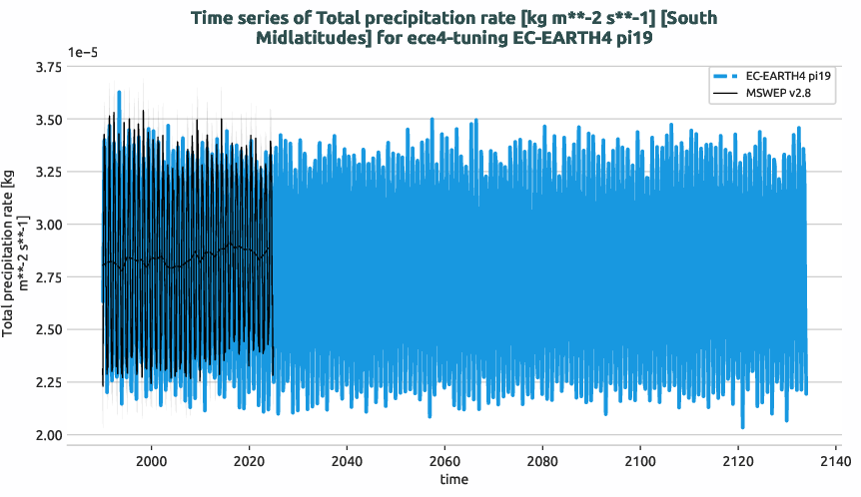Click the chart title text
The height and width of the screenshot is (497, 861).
click(452, 28)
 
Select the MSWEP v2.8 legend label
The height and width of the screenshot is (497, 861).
click(777, 94)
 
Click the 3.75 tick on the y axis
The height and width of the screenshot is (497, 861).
click(47, 67)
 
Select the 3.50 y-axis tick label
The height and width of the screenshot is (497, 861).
click(47, 120)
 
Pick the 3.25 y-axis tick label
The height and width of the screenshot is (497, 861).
click(47, 172)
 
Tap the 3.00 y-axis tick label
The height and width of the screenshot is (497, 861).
click(47, 225)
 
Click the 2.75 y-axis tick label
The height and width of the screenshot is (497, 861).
click(47, 277)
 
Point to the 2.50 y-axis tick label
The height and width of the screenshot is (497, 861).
click(47, 329)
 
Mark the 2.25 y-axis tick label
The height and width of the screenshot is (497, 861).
click(47, 382)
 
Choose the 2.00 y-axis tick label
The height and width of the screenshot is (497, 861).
click(47, 435)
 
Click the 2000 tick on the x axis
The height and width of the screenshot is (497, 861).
click(151, 461)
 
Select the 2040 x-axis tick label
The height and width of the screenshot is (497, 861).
click(347, 461)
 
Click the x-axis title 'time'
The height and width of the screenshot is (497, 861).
click(453, 480)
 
